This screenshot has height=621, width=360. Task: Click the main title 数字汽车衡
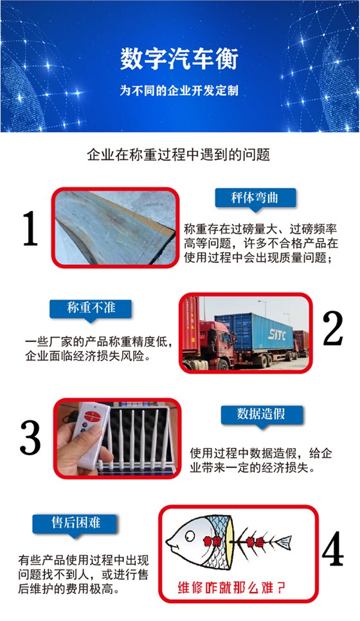(179, 60)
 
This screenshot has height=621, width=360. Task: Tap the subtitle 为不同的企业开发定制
(179, 91)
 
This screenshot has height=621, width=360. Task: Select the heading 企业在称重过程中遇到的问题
(179, 154)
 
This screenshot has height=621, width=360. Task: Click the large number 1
(30, 228)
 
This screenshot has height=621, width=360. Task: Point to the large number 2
(332, 328)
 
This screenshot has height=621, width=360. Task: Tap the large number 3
(30, 438)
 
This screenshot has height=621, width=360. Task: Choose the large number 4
(332, 548)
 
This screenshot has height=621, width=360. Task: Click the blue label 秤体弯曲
(255, 197)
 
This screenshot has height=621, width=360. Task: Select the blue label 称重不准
(91, 308)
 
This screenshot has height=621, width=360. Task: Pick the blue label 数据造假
(261, 414)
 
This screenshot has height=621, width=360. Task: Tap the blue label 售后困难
(75, 523)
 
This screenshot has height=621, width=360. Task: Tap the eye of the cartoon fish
(190, 536)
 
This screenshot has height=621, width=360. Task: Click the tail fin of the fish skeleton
(282, 541)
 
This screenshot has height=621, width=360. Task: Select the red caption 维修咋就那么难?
(231, 588)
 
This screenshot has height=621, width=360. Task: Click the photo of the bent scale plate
(115, 228)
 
